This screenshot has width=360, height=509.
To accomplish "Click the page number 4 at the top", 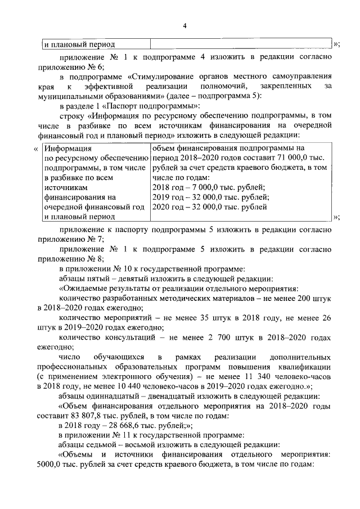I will [x=184, y=26].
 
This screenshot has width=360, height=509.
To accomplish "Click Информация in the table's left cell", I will [x=67, y=148].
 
